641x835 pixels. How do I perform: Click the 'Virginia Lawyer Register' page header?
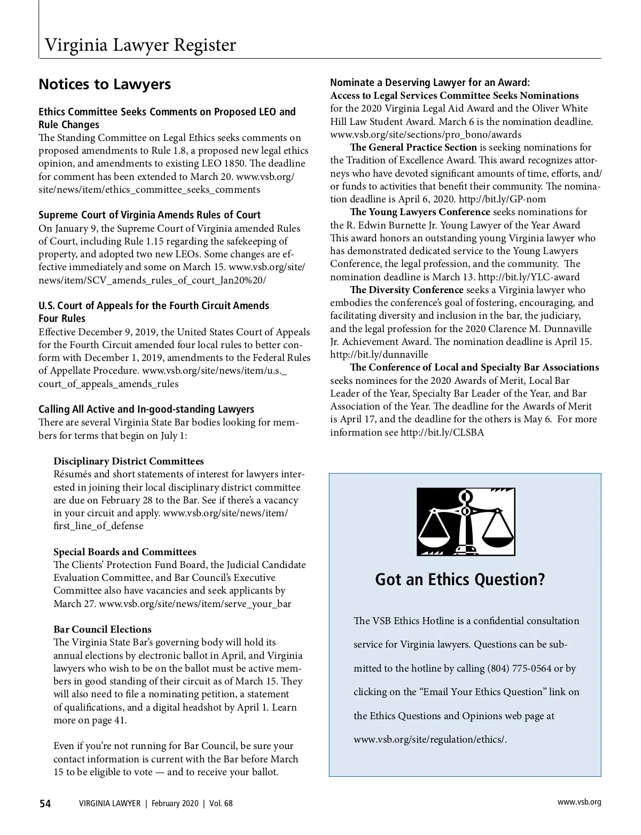coord(140,45)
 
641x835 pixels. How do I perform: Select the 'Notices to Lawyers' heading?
coord(105,84)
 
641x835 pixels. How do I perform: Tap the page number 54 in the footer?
coord(45,804)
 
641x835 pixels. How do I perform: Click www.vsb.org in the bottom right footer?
coord(579,802)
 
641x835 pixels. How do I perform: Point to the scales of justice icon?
coord(465,522)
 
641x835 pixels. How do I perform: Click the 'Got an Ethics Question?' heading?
coord(460,579)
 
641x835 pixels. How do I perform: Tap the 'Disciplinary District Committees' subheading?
coord(128,461)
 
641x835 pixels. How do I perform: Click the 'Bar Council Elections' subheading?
coord(102,629)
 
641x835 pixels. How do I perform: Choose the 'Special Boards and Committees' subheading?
coord(124,552)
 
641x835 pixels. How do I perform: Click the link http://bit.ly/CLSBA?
coord(442,432)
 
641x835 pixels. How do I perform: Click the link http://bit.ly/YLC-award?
coord(528,277)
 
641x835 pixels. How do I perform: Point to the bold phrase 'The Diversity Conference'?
coord(407,290)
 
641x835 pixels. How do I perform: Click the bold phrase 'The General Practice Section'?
coord(413,147)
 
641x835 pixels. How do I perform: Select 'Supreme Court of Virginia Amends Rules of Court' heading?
coord(150,215)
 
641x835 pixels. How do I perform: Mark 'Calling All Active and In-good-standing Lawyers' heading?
coord(146,409)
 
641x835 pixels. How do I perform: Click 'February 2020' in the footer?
coord(175,804)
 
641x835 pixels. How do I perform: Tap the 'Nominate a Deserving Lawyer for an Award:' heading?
coord(430,82)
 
